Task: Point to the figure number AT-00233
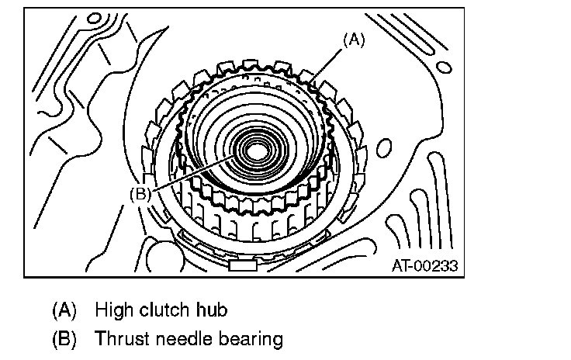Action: click(424, 265)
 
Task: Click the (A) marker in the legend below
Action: click(64, 310)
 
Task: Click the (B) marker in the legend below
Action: click(64, 339)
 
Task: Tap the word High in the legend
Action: click(113, 310)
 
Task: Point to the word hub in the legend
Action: click(213, 310)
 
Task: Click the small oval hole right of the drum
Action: click(386, 148)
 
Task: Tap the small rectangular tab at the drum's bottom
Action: click(243, 265)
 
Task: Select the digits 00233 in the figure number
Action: click(436, 265)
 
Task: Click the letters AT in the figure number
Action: click(400, 265)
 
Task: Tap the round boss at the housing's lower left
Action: click(159, 253)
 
